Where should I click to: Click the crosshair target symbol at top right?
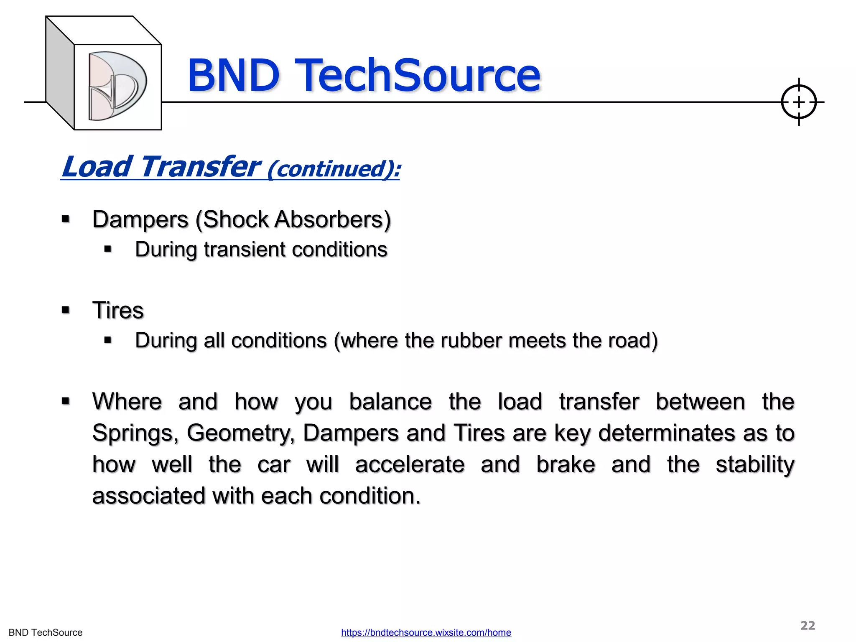(x=798, y=102)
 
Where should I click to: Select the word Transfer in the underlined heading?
(x=201, y=167)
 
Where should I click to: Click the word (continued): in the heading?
(x=334, y=169)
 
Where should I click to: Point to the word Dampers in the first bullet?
(x=140, y=219)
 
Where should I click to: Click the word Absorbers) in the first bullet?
(x=332, y=219)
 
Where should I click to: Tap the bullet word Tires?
(x=118, y=311)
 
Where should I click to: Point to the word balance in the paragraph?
(x=390, y=402)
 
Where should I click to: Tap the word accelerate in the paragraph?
(x=410, y=464)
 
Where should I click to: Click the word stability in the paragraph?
(x=755, y=464)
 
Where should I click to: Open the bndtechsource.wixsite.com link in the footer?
(x=426, y=632)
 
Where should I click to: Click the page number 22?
(x=808, y=625)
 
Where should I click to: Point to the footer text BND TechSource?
(x=46, y=632)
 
